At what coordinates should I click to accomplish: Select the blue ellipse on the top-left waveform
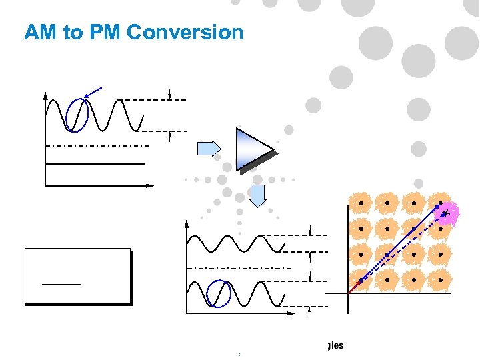(x=77, y=115)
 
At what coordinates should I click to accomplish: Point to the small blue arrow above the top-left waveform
(x=95, y=92)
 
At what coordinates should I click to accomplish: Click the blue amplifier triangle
(x=252, y=148)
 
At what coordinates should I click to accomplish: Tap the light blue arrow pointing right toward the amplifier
(x=209, y=149)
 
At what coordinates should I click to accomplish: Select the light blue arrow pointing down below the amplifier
(x=258, y=195)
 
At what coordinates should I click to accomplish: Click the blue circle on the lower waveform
(x=218, y=294)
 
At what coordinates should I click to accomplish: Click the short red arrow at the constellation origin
(x=353, y=287)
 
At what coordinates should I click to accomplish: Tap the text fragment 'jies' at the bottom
(x=335, y=346)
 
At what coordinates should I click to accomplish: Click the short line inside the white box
(x=61, y=284)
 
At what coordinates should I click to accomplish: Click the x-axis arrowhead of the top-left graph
(x=150, y=184)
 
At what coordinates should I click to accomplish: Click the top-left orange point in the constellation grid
(x=361, y=201)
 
